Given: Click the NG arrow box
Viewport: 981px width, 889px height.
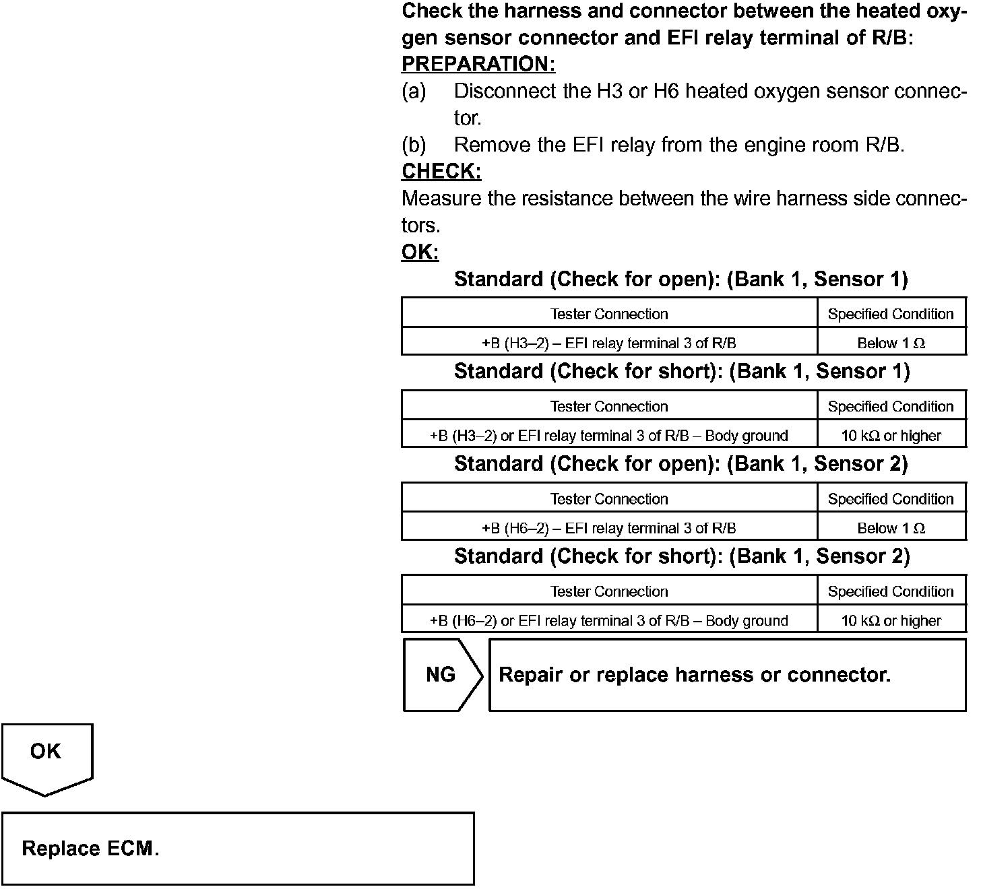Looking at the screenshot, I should [x=441, y=675].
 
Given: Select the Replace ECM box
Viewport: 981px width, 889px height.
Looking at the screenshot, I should [x=237, y=848].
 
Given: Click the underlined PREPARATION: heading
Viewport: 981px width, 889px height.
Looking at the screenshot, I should [x=478, y=64].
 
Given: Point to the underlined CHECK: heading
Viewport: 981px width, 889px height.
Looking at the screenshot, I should [x=441, y=172].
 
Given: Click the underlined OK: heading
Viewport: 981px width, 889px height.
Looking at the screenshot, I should [x=420, y=253].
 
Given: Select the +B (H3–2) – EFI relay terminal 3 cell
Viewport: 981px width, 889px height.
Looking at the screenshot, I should [x=609, y=343].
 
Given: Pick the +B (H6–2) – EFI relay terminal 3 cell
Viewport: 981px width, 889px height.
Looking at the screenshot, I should [x=609, y=528].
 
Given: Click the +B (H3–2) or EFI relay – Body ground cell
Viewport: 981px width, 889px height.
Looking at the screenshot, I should [x=609, y=436].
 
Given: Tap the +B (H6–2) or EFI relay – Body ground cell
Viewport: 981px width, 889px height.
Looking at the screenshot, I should [x=609, y=620].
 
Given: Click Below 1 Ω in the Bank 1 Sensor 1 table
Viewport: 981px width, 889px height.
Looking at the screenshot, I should [x=891, y=343].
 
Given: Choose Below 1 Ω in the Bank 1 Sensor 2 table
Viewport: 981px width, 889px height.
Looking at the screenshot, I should [x=891, y=528].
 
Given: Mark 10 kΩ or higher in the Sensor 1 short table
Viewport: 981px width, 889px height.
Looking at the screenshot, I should [x=891, y=436].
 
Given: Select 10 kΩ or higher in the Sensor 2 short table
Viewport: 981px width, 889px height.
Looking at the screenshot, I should [x=891, y=620].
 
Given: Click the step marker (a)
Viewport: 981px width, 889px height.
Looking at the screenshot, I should [x=414, y=91].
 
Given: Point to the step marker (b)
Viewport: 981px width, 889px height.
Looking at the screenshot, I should [x=414, y=145].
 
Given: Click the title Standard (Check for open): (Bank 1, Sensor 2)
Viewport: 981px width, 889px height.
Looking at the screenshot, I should [x=681, y=464].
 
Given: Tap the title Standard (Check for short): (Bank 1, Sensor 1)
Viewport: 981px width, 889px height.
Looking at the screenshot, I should [x=682, y=372].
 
